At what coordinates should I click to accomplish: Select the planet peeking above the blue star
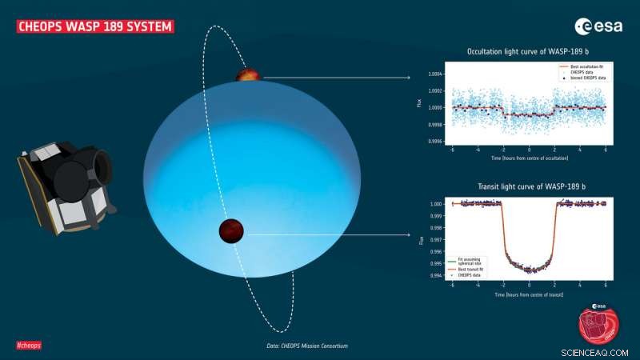coord(248,75)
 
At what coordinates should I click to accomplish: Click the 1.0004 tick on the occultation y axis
coord(435,74)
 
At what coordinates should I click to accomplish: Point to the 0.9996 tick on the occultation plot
coord(435,142)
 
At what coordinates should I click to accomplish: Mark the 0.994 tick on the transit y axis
coord(437,274)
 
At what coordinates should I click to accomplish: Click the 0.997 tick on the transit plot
coord(437,239)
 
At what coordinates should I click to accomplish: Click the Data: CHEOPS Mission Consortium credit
coord(307,346)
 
